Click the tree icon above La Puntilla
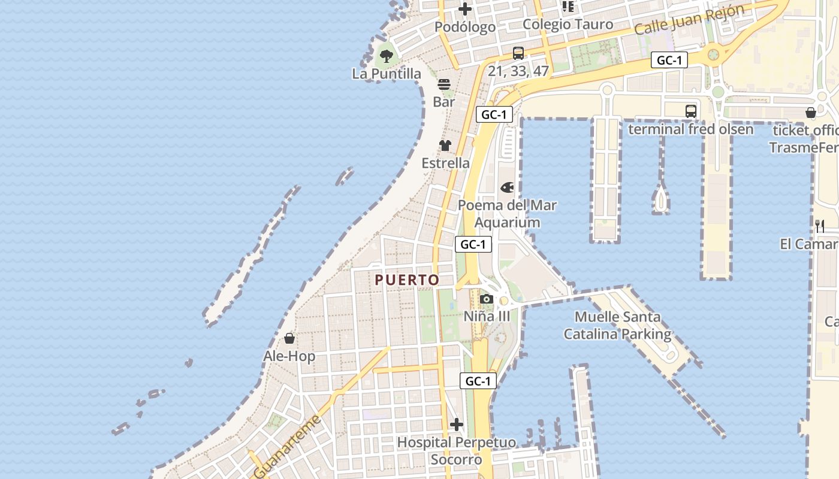(387, 56)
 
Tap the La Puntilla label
(387, 74)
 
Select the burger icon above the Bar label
(444, 84)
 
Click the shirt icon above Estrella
(445, 145)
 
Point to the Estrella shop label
(445, 163)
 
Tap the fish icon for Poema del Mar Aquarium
(507, 188)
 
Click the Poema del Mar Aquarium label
(507, 214)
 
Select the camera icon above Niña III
(487, 299)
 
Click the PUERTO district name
(407, 280)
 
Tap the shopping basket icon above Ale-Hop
(289, 338)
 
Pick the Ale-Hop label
(289, 356)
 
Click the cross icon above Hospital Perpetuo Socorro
(457, 425)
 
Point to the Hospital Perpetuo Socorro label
(457, 451)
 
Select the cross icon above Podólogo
(465, 9)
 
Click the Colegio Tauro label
(568, 25)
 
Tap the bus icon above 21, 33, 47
(518, 53)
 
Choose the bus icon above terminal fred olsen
(691, 111)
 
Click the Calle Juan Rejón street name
(689, 20)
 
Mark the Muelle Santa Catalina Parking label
(617, 325)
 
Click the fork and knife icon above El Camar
(820, 226)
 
